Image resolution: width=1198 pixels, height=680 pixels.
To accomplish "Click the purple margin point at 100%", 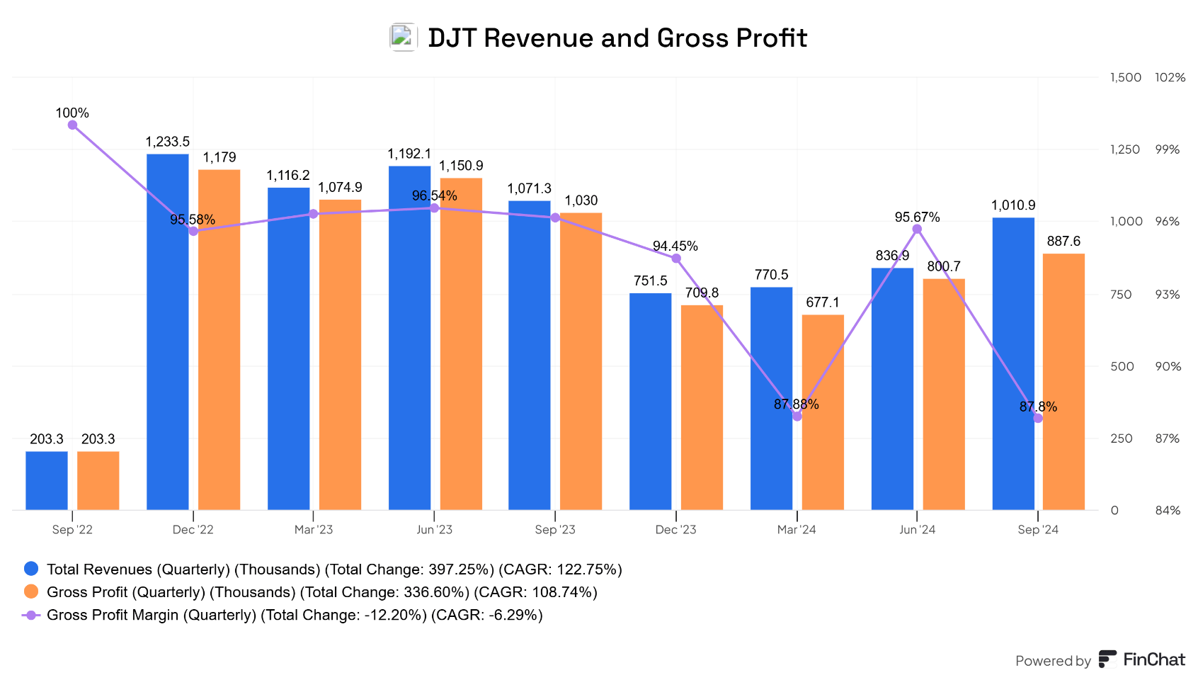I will pyautogui.click(x=72, y=125).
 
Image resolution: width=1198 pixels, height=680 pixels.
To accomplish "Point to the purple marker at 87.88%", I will pyautogui.click(x=797, y=416).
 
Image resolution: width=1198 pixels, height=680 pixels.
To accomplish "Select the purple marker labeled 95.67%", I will pyautogui.click(x=917, y=229).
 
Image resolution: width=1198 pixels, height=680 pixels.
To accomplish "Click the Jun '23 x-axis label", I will pyautogui.click(x=434, y=530).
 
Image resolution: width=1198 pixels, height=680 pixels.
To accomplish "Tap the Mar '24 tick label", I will pyautogui.click(x=797, y=530).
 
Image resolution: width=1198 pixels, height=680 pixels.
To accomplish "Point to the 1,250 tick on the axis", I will pyautogui.click(x=1124, y=149).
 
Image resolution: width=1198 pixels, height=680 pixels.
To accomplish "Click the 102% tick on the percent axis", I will pyautogui.click(x=1170, y=77).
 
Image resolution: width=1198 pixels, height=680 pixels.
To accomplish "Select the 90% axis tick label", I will pyautogui.click(x=1168, y=366).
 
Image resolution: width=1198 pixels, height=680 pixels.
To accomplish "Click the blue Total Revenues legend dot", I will pyautogui.click(x=31, y=569).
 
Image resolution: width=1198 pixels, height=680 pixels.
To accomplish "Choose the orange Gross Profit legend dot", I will pyautogui.click(x=31, y=591).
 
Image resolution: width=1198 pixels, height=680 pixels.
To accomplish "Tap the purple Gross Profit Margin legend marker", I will pyautogui.click(x=31, y=615).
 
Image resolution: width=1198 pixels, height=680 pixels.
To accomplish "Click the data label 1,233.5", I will pyautogui.click(x=168, y=142).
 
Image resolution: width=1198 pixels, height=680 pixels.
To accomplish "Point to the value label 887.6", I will pyautogui.click(x=1063, y=242).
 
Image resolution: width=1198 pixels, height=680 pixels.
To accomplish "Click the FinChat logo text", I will pyautogui.click(x=1153, y=659).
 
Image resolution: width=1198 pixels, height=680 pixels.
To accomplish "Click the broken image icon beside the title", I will pyautogui.click(x=403, y=38).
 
